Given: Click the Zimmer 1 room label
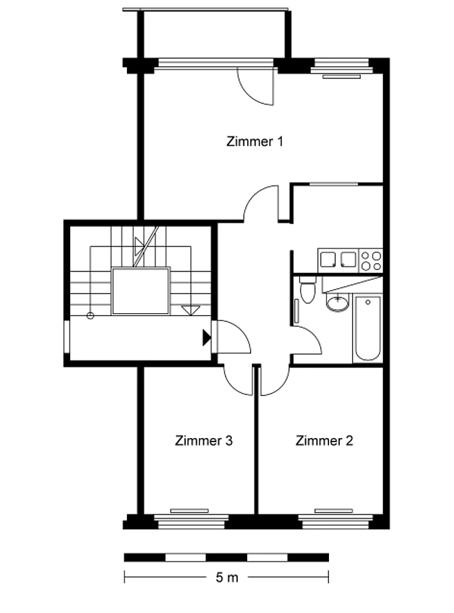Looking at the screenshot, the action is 255,141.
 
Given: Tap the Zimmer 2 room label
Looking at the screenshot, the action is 324,441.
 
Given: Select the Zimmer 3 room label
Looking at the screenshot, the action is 203,441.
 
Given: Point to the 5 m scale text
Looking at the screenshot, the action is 226,577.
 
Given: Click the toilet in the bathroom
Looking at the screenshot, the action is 307,290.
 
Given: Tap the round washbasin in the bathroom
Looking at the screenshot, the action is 337,302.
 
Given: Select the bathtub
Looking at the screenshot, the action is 368,328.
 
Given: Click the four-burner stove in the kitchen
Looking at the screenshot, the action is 371,261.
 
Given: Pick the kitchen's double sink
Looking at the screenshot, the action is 338,260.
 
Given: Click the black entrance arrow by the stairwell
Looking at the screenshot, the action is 207,338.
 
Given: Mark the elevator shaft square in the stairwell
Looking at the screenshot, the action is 141,291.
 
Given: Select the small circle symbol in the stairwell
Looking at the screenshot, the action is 91,315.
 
